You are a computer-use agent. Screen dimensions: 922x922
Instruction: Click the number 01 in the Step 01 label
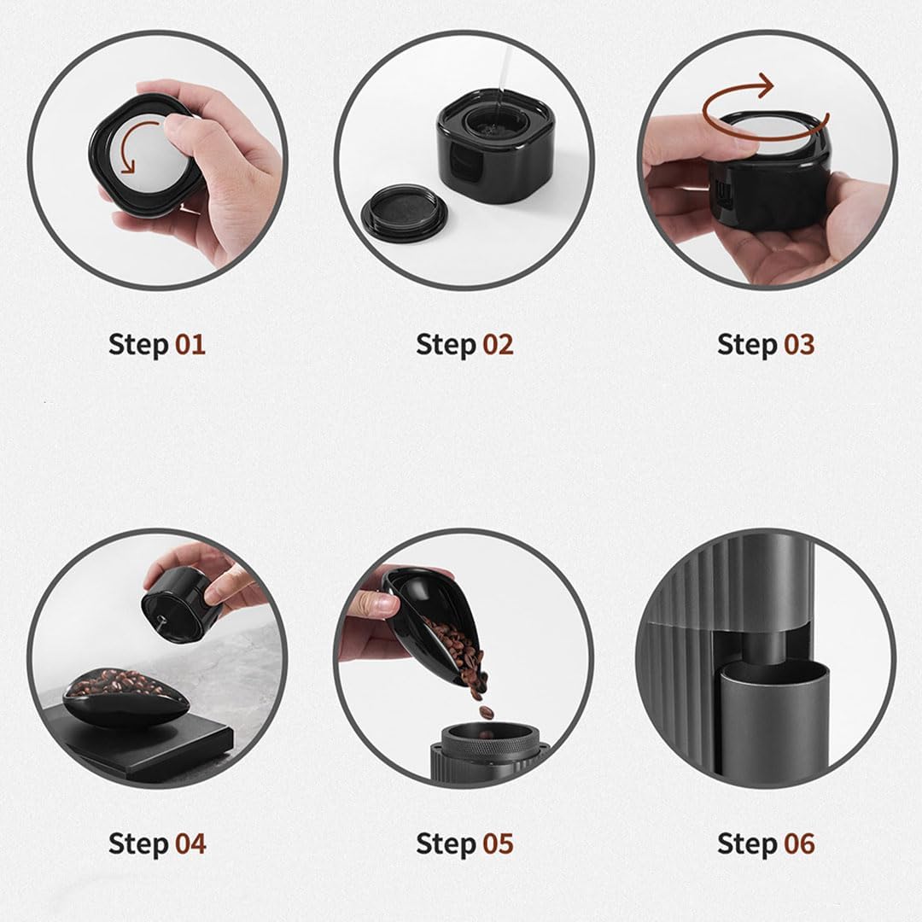[190, 344]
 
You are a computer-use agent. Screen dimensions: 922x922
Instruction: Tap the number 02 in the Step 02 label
[498, 344]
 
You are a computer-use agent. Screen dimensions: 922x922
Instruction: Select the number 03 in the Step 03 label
[798, 344]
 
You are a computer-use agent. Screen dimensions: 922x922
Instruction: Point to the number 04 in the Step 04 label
[190, 843]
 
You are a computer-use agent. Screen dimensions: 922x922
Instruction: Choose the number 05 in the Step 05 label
[498, 843]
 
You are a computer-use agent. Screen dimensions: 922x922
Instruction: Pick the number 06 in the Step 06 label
[799, 843]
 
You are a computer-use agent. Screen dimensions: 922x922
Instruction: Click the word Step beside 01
[139, 345]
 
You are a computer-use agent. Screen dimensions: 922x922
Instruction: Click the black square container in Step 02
[496, 147]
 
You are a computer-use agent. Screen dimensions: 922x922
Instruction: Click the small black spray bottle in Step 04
[179, 604]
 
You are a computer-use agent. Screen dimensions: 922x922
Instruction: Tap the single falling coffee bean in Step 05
[486, 713]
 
